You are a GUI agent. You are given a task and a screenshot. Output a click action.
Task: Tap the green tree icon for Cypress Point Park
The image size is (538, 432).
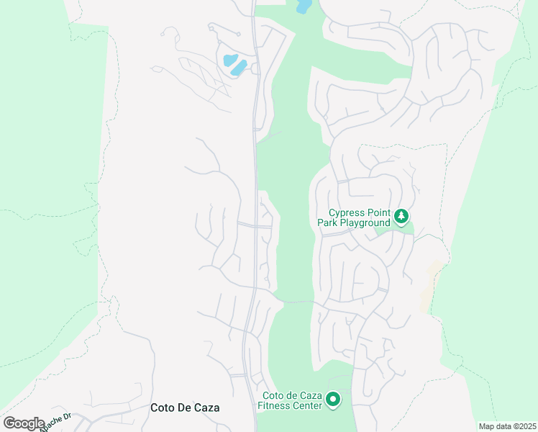[401, 215]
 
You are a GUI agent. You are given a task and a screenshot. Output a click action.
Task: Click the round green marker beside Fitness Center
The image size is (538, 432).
[332, 399]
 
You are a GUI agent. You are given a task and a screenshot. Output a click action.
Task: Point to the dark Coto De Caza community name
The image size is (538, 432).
[185, 408]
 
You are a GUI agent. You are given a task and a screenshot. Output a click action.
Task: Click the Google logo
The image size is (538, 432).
[23, 423]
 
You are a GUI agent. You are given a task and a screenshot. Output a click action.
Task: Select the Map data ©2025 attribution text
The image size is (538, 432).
[506, 426]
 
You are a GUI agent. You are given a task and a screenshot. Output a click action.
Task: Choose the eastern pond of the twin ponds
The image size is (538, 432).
[240, 68]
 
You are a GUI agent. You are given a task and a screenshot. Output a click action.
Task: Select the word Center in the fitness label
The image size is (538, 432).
[306, 405]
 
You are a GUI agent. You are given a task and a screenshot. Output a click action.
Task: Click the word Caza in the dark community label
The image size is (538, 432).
[206, 408]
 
